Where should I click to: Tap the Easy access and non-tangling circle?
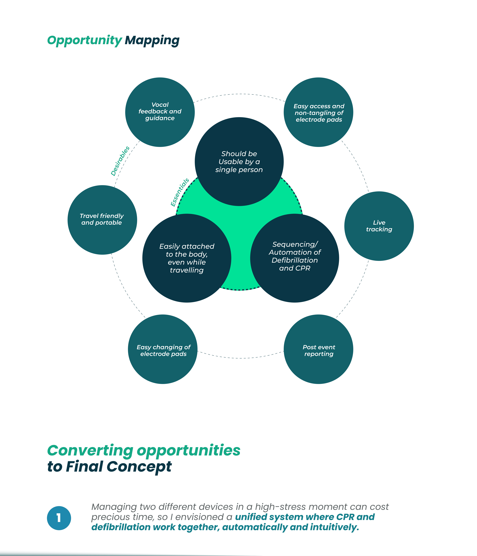(318, 112)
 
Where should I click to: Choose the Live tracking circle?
(379, 226)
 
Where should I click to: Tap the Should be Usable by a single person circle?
(239, 162)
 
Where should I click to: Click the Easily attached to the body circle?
(187, 258)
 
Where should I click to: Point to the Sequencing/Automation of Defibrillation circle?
(295, 258)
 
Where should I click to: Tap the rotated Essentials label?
(180, 192)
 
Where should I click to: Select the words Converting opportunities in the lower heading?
(144, 451)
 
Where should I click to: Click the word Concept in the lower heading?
(139, 467)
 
